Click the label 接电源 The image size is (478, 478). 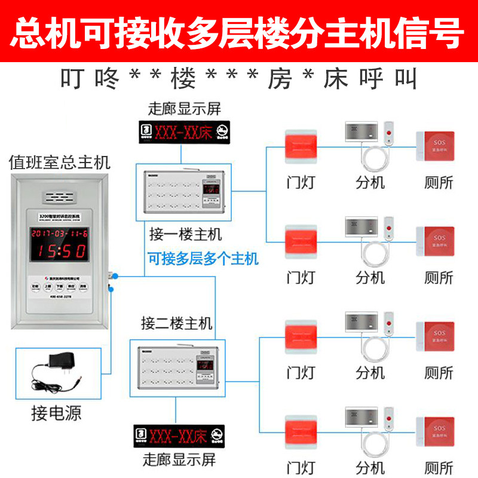[x=56, y=412]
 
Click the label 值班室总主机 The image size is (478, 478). [x=59, y=162]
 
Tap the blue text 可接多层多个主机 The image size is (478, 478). [x=203, y=259]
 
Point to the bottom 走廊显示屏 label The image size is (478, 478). [x=179, y=460]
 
